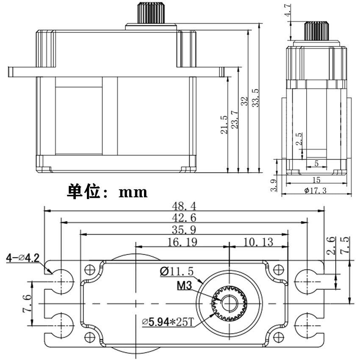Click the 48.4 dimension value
coord(184,206)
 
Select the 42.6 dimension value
coord(184,218)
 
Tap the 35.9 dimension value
coord(184,230)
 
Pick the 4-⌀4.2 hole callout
coord(22,258)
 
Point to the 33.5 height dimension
coord(255,98)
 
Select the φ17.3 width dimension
coord(316,191)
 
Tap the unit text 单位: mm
coord(107,192)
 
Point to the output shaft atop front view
coord(150,15)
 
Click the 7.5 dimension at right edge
coord(345,245)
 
